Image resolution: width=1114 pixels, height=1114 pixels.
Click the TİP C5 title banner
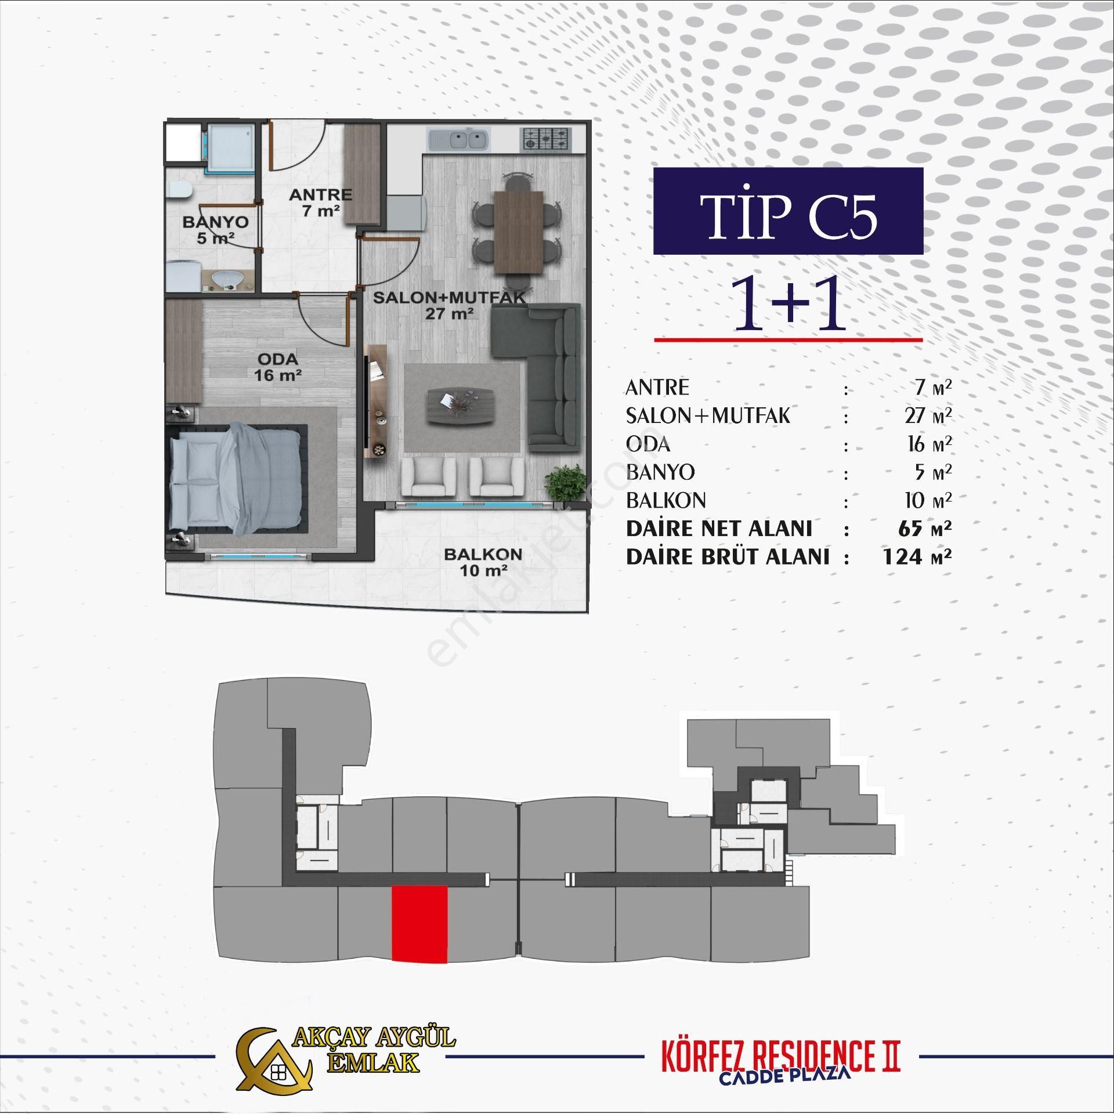click(x=787, y=212)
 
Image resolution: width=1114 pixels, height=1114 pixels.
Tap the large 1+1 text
click(x=787, y=304)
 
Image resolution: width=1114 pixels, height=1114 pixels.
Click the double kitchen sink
click(x=458, y=140)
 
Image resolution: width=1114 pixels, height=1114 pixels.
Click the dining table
click(x=518, y=232)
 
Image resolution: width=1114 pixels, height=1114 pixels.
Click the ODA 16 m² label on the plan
click(x=277, y=367)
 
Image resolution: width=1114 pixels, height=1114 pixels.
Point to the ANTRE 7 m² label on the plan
click(x=320, y=202)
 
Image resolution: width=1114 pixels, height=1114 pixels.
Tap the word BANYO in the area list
click(x=660, y=472)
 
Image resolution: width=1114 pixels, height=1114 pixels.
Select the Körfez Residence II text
click(x=773, y=1054)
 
